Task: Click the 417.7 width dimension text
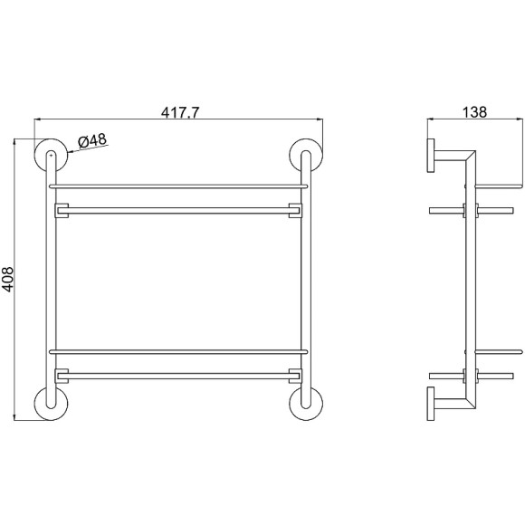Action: (180, 113)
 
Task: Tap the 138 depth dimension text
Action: (473, 113)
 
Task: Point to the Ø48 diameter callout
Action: (93, 140)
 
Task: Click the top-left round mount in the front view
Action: (51, 155)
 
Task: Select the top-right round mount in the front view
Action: (304, 155)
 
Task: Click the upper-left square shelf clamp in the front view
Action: (62, 212)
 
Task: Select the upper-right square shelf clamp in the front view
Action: (293, 212)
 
